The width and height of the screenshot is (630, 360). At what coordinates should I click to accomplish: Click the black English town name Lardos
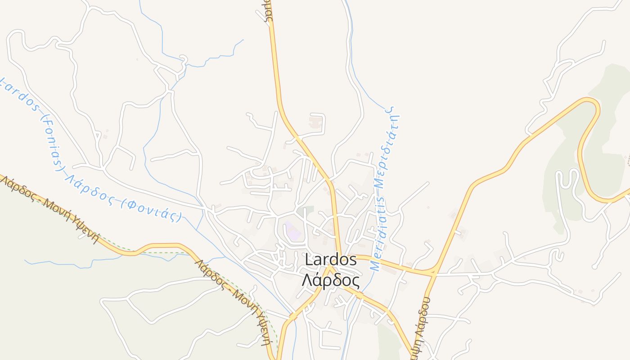click(331, 260)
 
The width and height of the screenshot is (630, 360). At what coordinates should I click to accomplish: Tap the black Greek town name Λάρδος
click(331, 281)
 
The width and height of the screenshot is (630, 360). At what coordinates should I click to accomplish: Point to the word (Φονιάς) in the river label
click(155, 210)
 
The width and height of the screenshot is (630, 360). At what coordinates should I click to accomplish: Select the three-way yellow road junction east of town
click(434, 272)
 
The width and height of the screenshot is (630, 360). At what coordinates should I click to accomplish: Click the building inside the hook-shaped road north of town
click(315, 122)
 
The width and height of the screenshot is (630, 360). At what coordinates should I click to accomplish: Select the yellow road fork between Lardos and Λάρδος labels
click(330, 269)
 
